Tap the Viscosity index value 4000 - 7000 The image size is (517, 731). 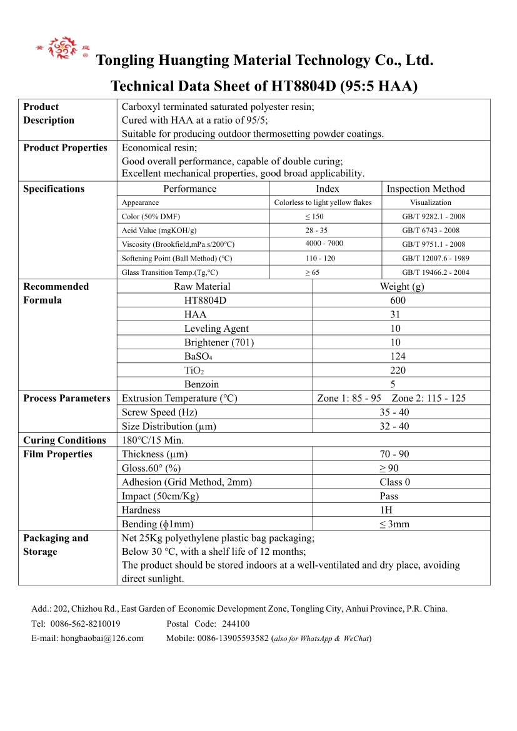coord(324,244)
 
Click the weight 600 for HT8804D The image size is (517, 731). coord(398,301)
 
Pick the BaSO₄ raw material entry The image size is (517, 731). coord(198,356)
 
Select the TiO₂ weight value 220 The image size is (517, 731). coord(398,370)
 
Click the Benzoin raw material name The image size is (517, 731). coord(201,384)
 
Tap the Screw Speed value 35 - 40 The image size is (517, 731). coord(394,412)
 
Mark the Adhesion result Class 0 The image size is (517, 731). coord(394,482)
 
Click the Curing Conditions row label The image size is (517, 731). coord(64,440)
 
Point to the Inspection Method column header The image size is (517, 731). coord(426,189)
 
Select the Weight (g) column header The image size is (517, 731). coord(401,287)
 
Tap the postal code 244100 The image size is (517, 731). coord(236,624)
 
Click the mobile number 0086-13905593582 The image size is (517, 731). coord(233,638)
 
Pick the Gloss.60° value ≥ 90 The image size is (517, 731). coord(389,468)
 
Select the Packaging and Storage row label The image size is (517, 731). coord(56,545)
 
